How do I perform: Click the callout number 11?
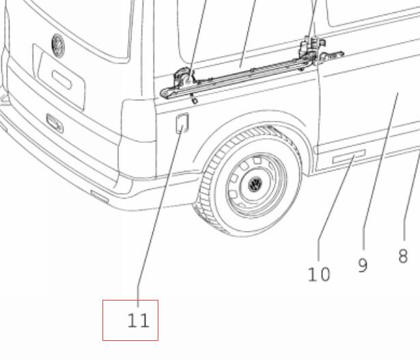pyautogui.click(x=138, y=320)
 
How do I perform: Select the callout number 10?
pyautogui.click(x=319, y=275)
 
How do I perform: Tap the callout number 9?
pyautogui.click(x=363, y=265)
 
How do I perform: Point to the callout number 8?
pyautogui.click(x=403, y=255)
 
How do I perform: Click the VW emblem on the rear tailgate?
pyautogui.click(x=58, y=46)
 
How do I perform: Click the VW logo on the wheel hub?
pyautogui.click(x=255, y=184)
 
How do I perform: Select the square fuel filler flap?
pyautogui.click(x=182, y=123)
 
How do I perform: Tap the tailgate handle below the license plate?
pyautogui.click(x=55, y=123)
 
